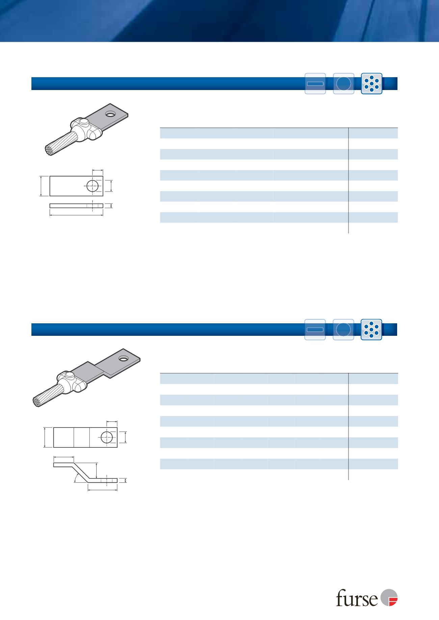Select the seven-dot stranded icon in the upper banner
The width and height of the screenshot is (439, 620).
coord(371,83)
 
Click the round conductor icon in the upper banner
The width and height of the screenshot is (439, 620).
coord(343,83)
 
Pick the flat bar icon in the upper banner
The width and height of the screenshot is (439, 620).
coord(315,83)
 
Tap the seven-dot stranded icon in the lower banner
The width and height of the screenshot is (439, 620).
coord(371,329)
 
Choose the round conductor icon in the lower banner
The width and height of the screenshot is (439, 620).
coord(343,329)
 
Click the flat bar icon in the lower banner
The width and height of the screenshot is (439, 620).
coord(315,329)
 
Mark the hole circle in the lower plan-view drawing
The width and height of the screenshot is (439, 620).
coord(107,437)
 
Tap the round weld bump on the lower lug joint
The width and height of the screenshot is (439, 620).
coord(70,375)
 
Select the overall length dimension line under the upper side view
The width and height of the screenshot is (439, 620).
coord(76,214)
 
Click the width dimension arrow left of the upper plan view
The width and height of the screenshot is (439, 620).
coord(41,186)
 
